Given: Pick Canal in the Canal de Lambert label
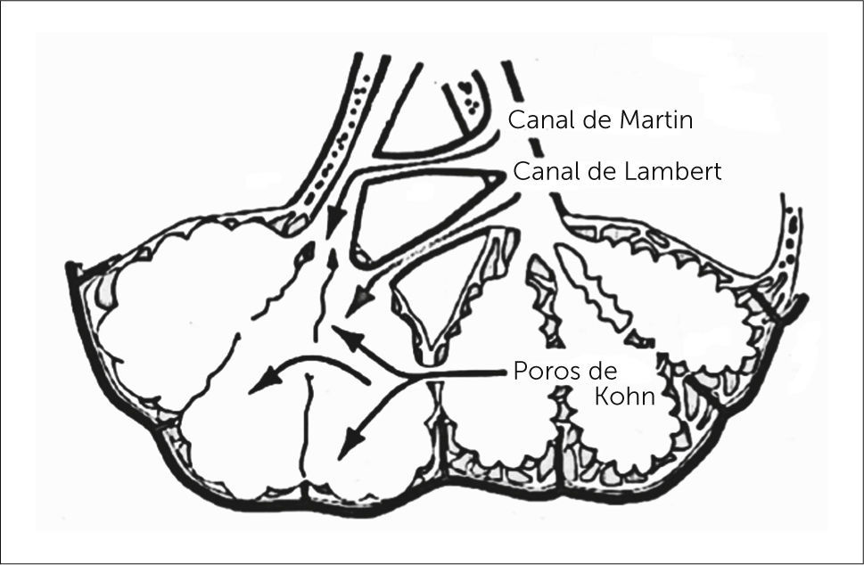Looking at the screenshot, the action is point(539,172).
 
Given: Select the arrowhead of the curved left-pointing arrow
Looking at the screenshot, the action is point(259,383).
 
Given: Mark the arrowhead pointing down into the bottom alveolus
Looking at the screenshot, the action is point(353,440).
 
